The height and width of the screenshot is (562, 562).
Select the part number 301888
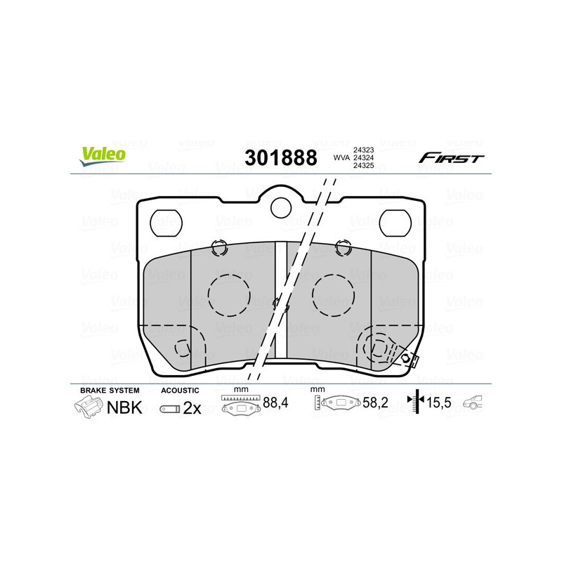tap(280, 157)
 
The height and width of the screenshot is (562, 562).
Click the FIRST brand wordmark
tap(451, 158)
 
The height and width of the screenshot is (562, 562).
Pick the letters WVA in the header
tap(341, 158)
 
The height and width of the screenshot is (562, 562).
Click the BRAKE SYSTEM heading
tap(110, 390)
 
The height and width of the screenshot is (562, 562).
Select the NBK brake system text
tap(124, 407)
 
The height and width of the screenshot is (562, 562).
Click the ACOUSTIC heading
tap(181, 390)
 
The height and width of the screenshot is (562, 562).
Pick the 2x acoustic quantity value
tap(192, 408)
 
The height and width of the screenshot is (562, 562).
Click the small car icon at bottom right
tap(476, 403)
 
